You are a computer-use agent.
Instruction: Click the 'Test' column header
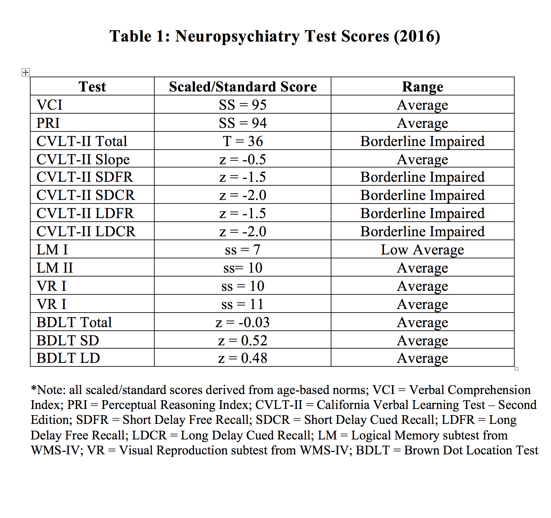pos(92,87)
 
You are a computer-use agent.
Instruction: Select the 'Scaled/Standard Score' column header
pos(243,87)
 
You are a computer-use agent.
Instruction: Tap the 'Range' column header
pos(422,87)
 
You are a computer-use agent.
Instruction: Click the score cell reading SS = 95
pos(243,105)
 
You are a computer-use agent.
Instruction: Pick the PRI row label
pos(48,123)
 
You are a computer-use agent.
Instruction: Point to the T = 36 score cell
pos(243,141)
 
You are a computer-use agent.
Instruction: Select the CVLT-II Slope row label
pos(83,159)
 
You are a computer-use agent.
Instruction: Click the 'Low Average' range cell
pos(422,250)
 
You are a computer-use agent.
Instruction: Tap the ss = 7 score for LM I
pos(243,250)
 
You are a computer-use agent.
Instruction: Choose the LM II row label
pos(55,268)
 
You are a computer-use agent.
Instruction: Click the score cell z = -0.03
pos(243,322)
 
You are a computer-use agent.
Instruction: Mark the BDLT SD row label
pos(68,340)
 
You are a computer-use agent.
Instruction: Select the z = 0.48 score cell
pos(243,358)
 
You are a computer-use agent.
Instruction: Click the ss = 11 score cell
pos(243,304)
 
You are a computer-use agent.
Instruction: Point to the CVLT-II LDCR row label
pos(86,231)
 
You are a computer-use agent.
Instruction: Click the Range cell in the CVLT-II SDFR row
pos(422,177)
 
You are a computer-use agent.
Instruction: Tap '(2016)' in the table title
pos(417,36)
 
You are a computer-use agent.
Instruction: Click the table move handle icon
pos(26,72)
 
